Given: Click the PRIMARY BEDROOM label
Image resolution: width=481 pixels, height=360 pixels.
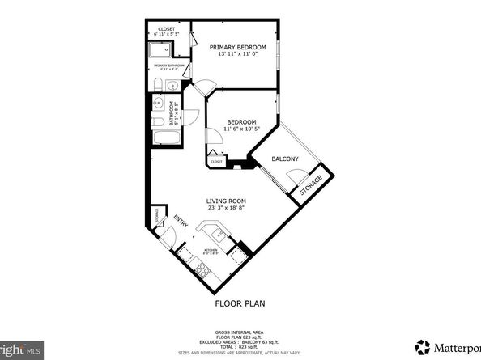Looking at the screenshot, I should [237, 48].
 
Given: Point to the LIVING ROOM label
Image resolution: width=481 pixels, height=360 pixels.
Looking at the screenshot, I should [226, 201].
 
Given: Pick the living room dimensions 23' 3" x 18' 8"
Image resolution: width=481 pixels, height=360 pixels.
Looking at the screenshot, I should [226, 209].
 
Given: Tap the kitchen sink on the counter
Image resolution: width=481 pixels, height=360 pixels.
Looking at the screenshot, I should [219, 235].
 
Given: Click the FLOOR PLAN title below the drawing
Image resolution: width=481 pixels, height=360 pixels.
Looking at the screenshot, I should [240, 304].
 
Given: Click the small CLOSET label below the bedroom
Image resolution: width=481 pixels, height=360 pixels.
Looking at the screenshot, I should [216, 162].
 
